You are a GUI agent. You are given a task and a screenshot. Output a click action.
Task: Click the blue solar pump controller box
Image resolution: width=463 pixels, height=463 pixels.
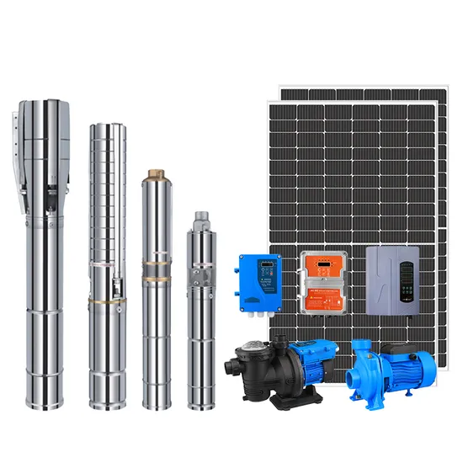[258, 281]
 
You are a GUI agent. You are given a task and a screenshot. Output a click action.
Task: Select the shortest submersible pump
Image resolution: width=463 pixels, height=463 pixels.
[200, 311]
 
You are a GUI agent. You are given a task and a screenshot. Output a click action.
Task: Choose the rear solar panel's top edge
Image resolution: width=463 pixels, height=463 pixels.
[362, 88]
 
